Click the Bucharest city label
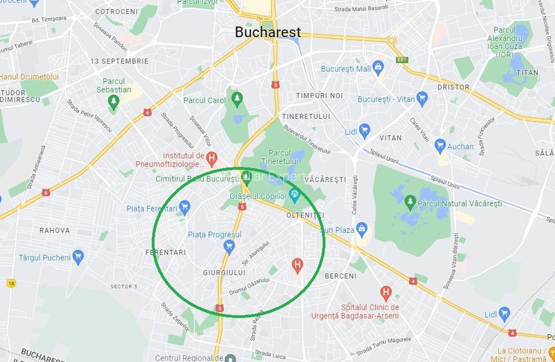tap(268, 32)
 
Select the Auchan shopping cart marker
tap(440, 146)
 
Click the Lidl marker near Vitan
tap(365, 131)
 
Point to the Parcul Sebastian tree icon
tap(114, 102)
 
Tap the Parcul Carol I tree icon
tap(237, 99)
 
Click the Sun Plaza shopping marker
tap(361, 229)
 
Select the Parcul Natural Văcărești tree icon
tap(410, 203)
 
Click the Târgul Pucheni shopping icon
tap(78, 257)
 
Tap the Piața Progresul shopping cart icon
tap(229, 245)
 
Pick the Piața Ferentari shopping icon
tap(185, 207)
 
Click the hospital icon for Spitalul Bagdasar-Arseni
tap(386, 293)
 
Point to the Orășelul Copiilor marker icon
tap(295, 194)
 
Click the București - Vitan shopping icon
tap(422, 99)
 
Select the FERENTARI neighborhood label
tap(166, 253)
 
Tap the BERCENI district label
tap(340, 276)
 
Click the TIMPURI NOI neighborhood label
tap(320, 96)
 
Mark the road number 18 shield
tap(11, 283)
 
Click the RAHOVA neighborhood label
tap(55, 230)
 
